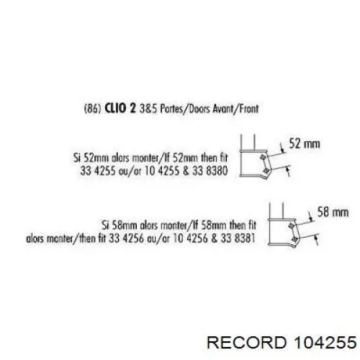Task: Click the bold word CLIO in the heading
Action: [115, 109]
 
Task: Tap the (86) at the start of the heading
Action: [93, 109]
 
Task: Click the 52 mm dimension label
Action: [305, 143]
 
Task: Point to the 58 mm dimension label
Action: [333, 212]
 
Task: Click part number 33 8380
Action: [210, 171]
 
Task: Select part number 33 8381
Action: [238, 238]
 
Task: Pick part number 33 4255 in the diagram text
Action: [98, 171]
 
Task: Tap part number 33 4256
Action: [126, 238]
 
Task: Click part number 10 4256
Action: [190, 238]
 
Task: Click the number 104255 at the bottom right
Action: [325, 342]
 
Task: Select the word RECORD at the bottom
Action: [247, 342]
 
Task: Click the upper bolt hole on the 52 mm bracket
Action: [263, 157]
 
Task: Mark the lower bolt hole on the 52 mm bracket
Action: [266, 171]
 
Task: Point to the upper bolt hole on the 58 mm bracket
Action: [292, 225]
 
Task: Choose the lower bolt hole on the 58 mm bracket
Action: [294, 239]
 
